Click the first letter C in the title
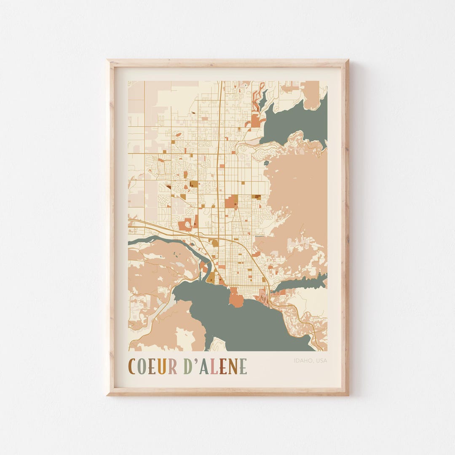pyautogui.click(x=132, y=366)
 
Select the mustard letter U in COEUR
pyautogui.click(x=162, y=366)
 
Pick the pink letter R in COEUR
pyautogui.click(x=172, y=366)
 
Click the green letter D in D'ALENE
pyautogui.click(x=188, y=366)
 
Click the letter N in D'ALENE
pyautogui.click(x=233, y=366)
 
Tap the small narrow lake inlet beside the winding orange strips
pyautogui.click(x=263, y=99)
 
